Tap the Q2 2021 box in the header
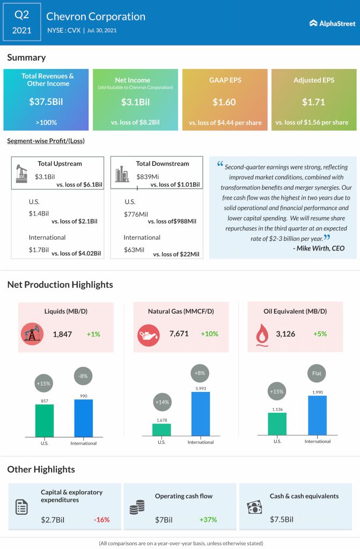point(22,22)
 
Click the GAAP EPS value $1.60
point(225,101)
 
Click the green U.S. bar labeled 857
point(45,420)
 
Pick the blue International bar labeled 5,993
point(200,414)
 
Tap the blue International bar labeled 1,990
point(317,416)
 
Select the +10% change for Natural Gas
point(209,334)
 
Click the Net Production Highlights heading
point(60,285)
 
